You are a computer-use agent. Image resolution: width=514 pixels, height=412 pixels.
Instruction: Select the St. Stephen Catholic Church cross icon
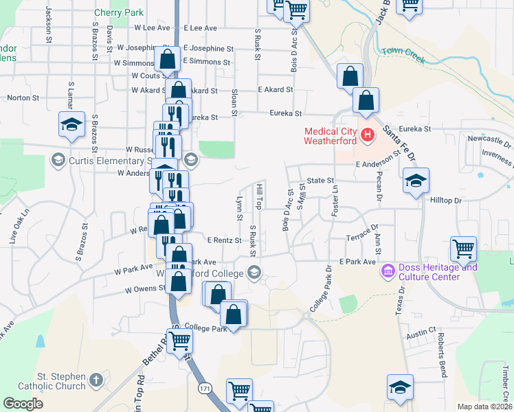[x=96, y=380]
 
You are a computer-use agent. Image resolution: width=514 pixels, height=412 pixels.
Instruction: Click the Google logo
[x=23, y=404]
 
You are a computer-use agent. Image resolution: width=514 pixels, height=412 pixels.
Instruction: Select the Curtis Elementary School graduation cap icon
[x=58, y=161]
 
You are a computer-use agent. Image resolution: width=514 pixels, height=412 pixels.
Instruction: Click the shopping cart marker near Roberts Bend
[x=464, y=248]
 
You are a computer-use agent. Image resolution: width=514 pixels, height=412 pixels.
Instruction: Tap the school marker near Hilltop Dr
[x=415, y=181]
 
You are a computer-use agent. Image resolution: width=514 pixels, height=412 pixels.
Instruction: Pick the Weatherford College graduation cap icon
[x=254, y=273]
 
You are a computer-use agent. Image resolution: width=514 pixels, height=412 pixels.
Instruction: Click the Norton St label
[x=23, y=98]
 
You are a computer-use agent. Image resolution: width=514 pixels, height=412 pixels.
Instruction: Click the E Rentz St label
[x=225, y=240]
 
